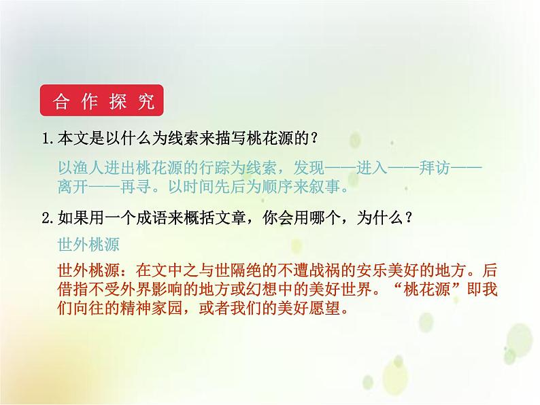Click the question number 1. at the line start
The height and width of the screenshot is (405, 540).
(x=48, y=138)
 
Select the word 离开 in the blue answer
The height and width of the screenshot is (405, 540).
(x=75, y=186)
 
